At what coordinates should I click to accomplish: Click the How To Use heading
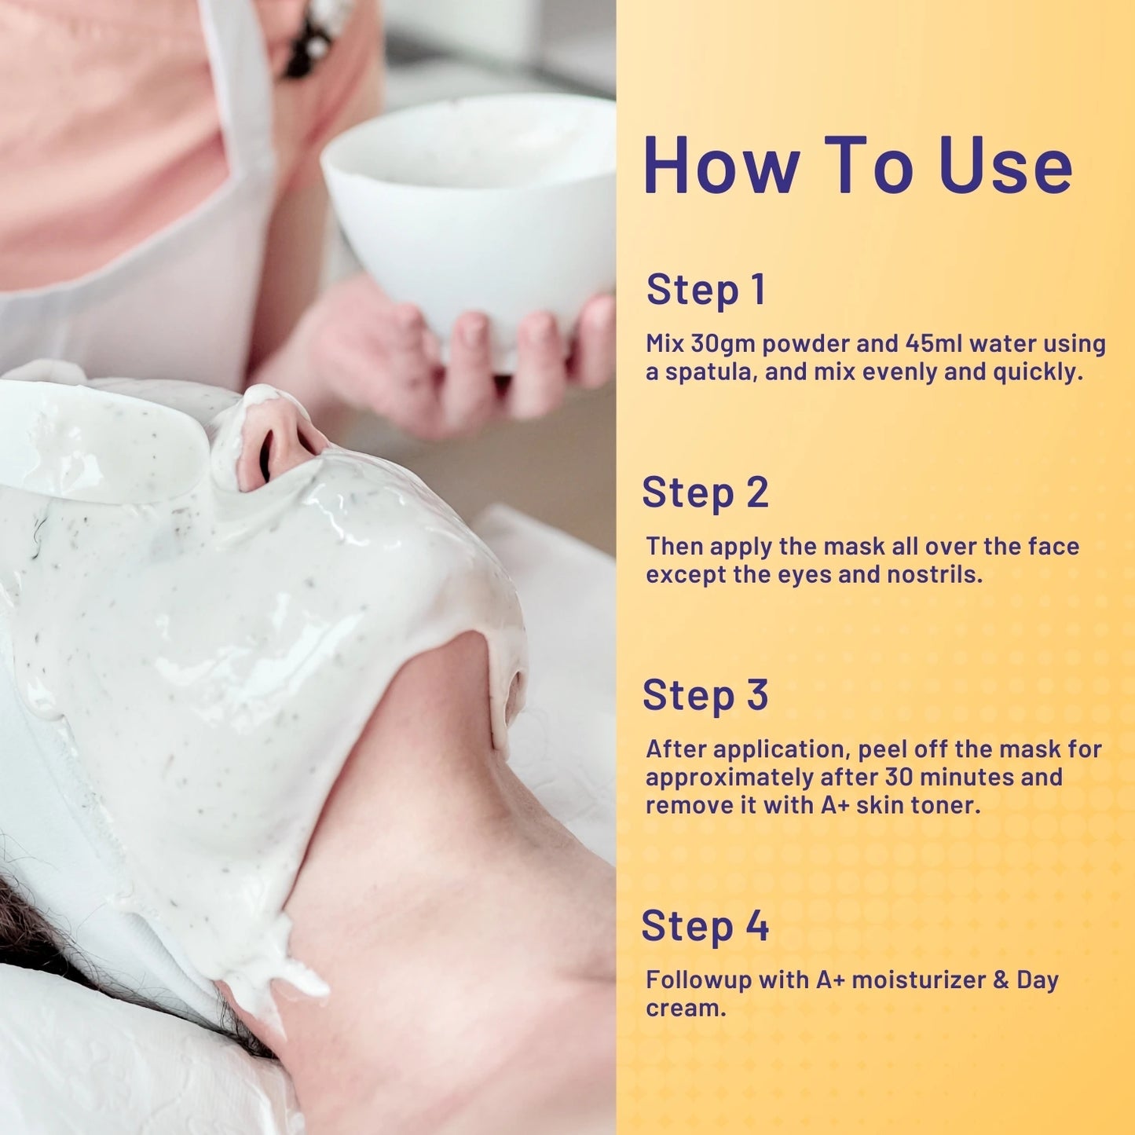[x=858, y=165]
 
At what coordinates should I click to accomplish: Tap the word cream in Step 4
[x=686, y=1009]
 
